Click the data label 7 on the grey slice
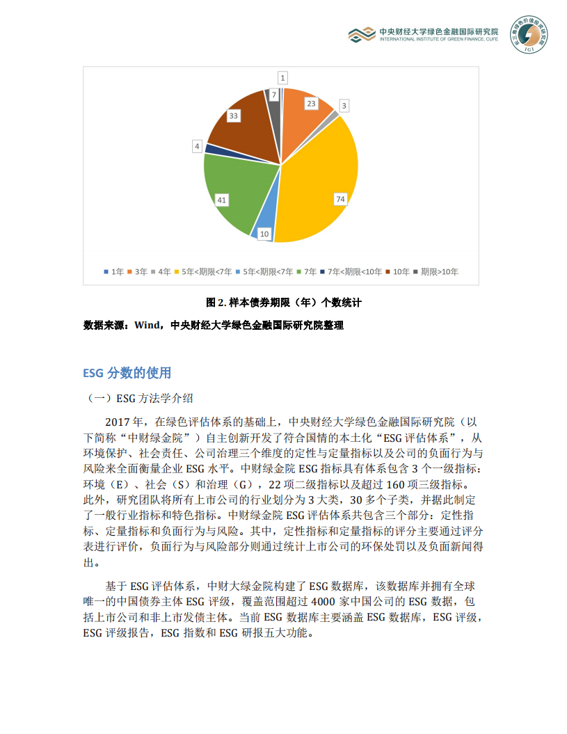(274, 94)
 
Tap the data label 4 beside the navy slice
(198, 147)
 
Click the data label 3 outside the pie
(343, 106)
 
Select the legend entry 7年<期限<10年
(354, 271)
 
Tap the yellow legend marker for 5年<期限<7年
(178, 271)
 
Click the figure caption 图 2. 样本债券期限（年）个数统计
(285, 303)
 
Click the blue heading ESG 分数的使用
(127, 373)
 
